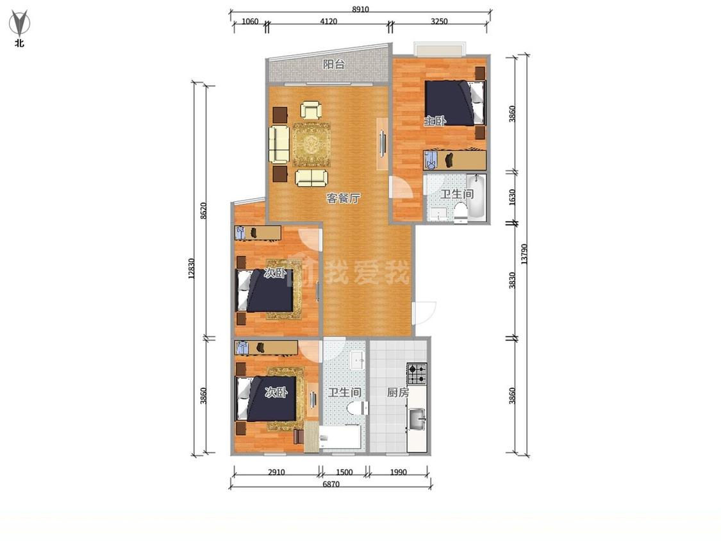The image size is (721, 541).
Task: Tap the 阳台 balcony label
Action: click(333, 64)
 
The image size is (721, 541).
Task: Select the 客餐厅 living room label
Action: click(343, 198)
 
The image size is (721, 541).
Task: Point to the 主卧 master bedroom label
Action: click(435, 121)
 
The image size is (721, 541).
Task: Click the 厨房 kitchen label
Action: click(398, 392)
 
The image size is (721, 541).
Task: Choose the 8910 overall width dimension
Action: click(360, 9)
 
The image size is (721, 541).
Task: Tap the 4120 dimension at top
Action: click(328, 21)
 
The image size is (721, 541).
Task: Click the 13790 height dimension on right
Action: click(524, 253)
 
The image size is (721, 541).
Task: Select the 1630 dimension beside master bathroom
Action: click(512, 197)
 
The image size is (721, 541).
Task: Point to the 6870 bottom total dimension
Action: click(331, 484)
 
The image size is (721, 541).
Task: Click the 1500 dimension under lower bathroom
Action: click(344, 472)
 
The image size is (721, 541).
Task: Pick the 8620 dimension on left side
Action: click(204, 211)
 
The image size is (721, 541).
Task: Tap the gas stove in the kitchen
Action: click(417, 374)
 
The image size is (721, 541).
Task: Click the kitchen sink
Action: click(417, 419)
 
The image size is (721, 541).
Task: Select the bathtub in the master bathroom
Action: click(476, 196)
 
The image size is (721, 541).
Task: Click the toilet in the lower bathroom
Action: click(358, 408)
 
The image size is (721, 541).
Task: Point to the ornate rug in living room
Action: click(311, 144)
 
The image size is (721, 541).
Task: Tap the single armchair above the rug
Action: click(311, 110)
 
